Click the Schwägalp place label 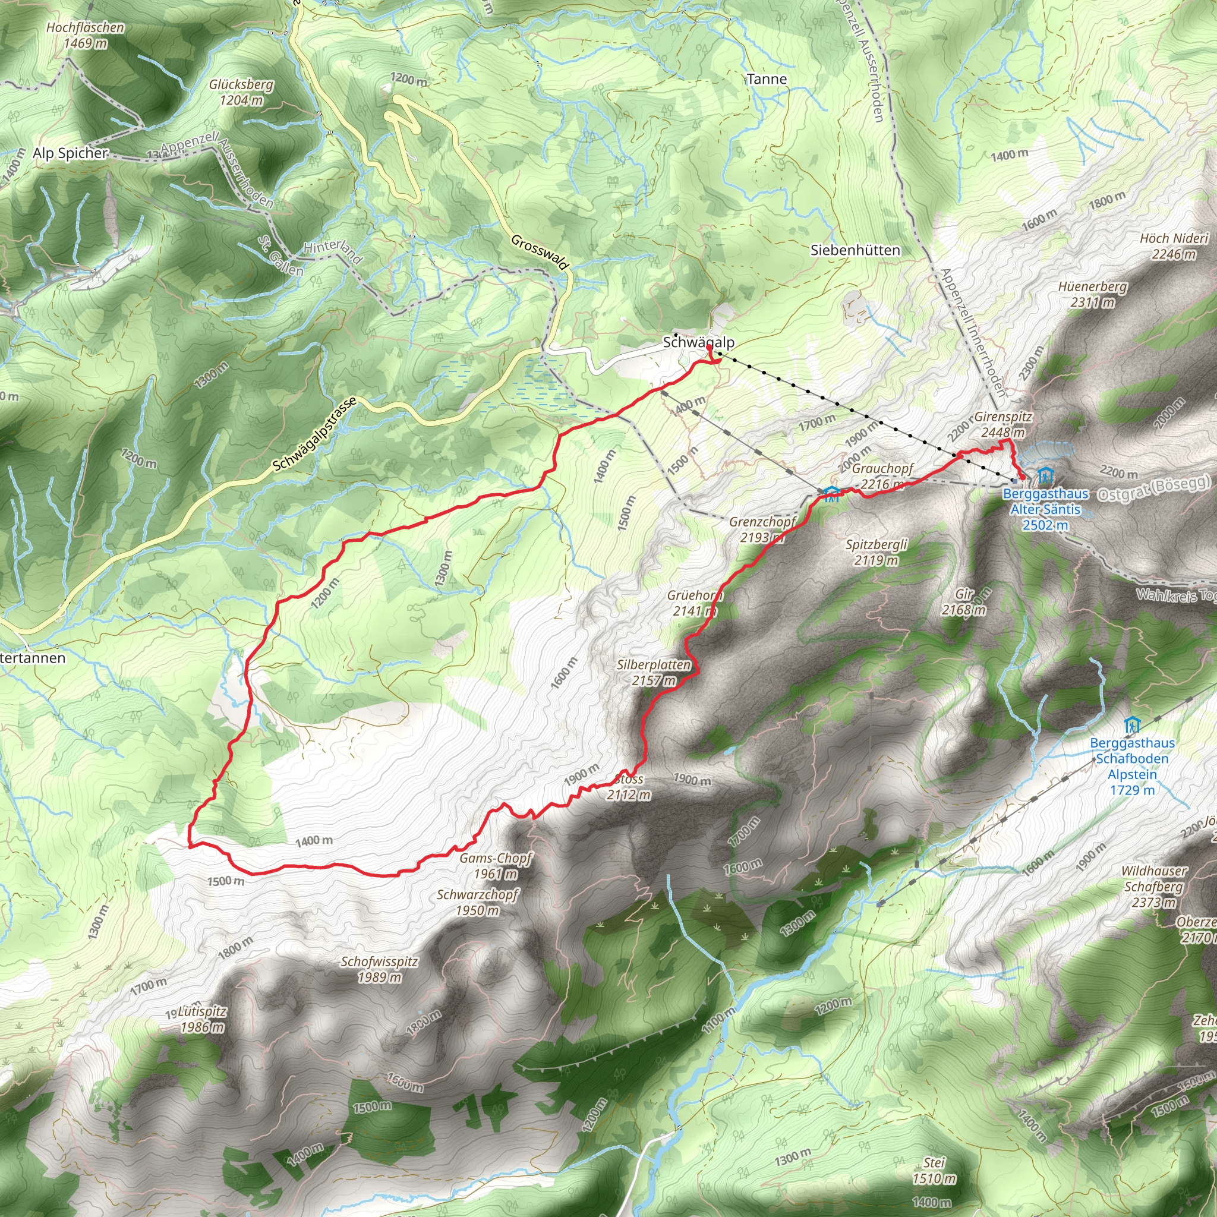click(x=698, y=343)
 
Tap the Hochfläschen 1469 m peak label click(x=86, y=35)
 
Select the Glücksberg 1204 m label click(x=241, y=92)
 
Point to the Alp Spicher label click(x=70, y=153)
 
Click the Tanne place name click(x=767, y=79)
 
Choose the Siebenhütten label click(x=855, y=250)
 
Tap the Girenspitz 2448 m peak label click(x=1003, y=424)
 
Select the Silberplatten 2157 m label click(x=654, y=672)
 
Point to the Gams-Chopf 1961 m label click(x=496, y=865)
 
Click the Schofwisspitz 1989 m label click(x=379, y=969)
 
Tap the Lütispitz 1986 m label click(x=201, y=1019)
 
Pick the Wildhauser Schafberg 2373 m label click(x=1153, y=886)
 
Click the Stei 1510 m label click(x=934, y=1171)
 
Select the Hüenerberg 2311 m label click(x=1092, y=294)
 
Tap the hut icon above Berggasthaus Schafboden click(x=1132, y=725)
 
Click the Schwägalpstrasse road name click(x=314, y=434)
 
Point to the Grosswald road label click(x=540, y=252)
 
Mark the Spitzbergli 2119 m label click(x=877, y=552)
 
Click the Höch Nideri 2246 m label click(x=1174, y=245)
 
